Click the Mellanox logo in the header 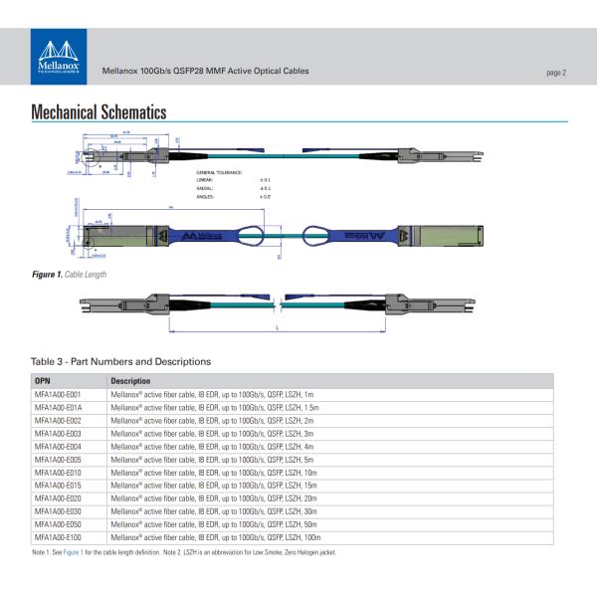coord(61,59)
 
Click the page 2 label coord(555,73)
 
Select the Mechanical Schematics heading coord(99,112)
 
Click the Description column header coord(130,381)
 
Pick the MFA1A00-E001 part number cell coord(57,395)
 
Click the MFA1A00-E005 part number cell coord(57,460)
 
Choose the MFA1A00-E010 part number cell coord(57,473)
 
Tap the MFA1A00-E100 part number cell coord(57,537)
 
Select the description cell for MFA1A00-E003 coord(212,434)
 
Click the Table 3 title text coord(120,361)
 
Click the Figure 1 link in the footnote coord(74,551)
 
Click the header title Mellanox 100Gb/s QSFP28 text coord(205,72)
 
